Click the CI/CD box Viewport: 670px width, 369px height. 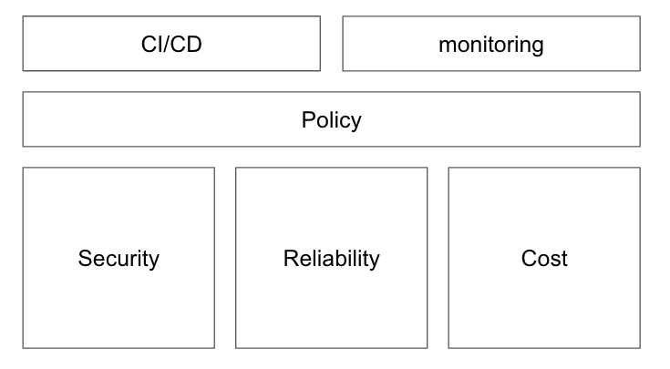click(171, 44)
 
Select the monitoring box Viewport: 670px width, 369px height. click(491, 44)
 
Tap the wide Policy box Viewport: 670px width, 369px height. click(332, 119)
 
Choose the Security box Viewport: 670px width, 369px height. click(119, 258)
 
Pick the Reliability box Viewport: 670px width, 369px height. click(332, 258)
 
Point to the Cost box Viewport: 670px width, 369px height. click(544, 258)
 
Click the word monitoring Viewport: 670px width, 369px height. click(491, 46)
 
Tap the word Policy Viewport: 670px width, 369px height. click(332, 120)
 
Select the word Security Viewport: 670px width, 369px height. click(119, 259)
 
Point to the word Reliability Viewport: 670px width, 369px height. click(332, 259)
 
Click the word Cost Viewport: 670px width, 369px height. click(544, 259)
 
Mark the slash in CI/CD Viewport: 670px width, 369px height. click(167, 44)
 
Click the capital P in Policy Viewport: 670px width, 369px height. click(309, 119)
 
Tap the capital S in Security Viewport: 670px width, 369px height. click(86, 259)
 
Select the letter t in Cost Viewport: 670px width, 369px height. click(564, 259)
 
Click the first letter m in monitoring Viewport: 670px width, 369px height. click(447, 46)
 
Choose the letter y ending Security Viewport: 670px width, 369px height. click(153, 262)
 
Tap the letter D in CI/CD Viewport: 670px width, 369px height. click(193, 44)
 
